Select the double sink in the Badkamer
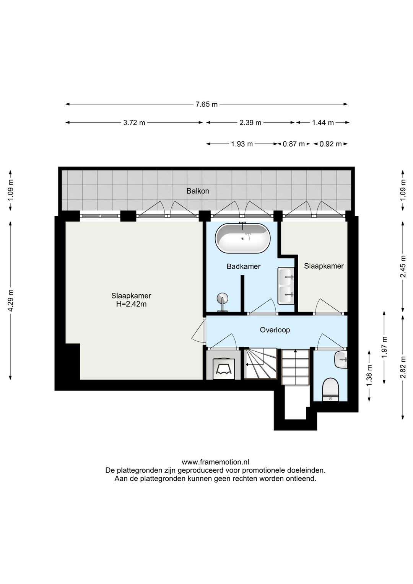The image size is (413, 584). (x=286, y=285)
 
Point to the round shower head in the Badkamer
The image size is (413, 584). (x=222, y=298)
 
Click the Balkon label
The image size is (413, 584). (x=197, y=191)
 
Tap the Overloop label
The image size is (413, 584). (x=275, y=330)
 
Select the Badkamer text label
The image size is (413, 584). (x=243, y=266)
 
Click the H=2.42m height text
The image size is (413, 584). (x=131, y=304)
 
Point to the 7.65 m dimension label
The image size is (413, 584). (x=206, y=104)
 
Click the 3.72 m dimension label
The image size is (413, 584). (x=134, y=122)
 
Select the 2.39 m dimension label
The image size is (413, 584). (x=250, y=122)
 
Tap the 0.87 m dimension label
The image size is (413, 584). (x=294, y=144)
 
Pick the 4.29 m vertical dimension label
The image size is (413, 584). (x=11, y=300)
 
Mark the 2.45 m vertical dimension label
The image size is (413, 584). (x=403, y=266)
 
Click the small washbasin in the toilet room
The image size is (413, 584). (x=341, y=360)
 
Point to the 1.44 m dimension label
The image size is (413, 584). (x=323, y=122)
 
